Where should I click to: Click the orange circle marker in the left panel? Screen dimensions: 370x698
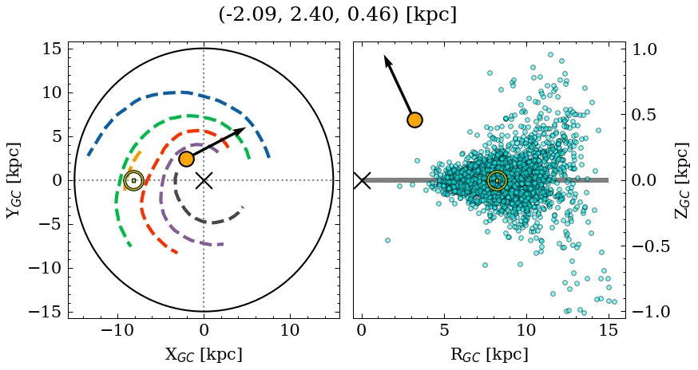(x=186, y=159)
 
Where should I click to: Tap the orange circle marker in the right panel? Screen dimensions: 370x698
(x=414, y=120)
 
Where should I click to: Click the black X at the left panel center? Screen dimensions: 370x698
(x=204, y=180)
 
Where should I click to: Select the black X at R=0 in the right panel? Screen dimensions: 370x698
(x=362, y=180)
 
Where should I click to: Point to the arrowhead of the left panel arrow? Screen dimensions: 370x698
(x=240, y=130)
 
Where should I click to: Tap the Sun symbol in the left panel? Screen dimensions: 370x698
(x=133, y=180)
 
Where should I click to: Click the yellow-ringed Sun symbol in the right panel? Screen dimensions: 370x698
(x=497, y=180)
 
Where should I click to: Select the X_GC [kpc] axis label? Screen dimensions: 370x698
(x=204, y=354)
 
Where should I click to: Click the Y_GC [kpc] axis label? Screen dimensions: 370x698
(x=13, y=180)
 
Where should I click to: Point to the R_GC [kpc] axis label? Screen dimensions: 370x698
(x=490, y=354)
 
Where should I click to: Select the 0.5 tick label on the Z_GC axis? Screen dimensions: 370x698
(x=648, y=115)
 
